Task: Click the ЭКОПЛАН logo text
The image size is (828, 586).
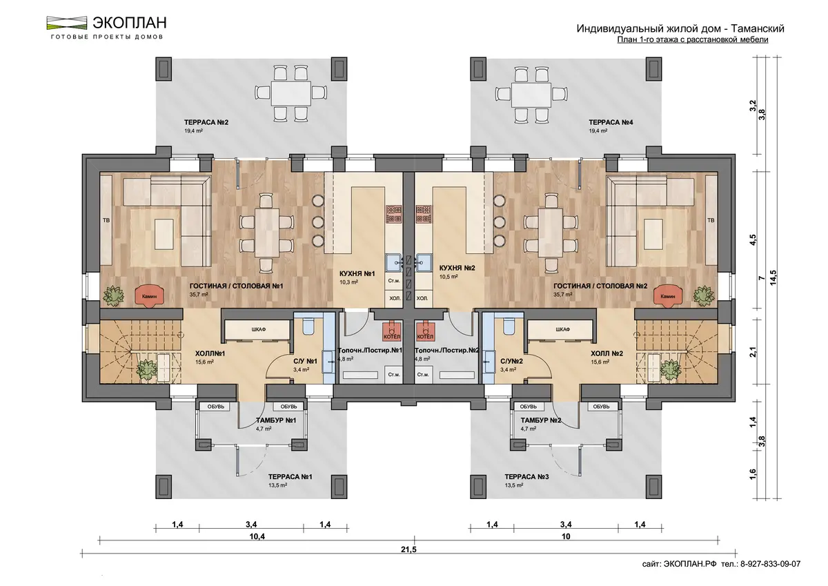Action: (130, 23)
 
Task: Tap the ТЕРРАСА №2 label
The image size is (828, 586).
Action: (206, 122)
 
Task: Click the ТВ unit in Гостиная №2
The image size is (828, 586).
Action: (711, 220)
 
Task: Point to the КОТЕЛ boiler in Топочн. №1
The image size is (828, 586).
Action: (392, 331)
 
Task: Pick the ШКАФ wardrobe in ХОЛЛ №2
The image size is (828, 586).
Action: (562, 329)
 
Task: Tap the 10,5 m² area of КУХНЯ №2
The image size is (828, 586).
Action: (448, 277)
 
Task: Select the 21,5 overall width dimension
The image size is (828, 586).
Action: (408, 550)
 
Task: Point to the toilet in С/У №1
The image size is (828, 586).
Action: (308, 324)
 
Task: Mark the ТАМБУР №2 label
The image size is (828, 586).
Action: (541, 420)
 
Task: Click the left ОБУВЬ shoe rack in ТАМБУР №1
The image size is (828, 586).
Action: (215, 407)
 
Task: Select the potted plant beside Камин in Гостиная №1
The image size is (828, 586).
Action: (113, 296)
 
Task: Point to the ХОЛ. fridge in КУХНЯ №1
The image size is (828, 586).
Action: (395, 297)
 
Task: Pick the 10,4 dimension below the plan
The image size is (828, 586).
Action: (257, 536)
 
